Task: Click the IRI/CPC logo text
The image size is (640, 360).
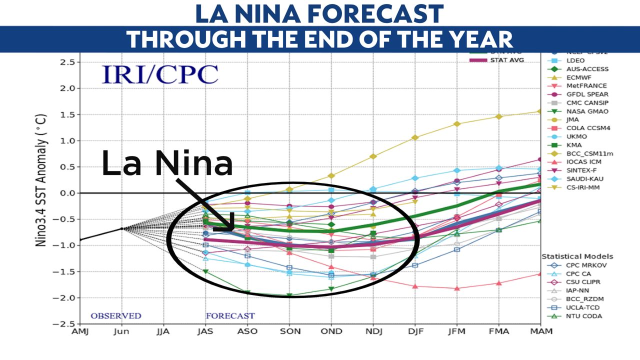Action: tap(160, 74)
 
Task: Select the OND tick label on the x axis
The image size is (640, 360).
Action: tap(331, 331)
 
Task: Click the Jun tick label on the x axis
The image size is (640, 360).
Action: tap(121, 331)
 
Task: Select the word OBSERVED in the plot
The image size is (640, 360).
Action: tap(116, 316)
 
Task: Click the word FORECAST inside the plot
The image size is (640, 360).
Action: tap(230, 316)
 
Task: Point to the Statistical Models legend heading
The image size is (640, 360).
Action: tap(577, 256)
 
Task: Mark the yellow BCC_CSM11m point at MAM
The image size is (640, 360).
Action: tap(539, 111)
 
